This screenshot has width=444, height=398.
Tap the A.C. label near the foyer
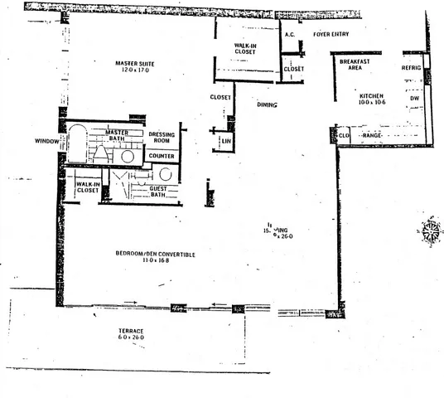[x=290, y=35]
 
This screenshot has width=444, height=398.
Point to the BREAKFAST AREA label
[x=356, y=65]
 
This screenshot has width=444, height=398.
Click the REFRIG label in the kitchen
[x=413, y=67]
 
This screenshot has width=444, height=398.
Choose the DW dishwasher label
[x=414, y=98]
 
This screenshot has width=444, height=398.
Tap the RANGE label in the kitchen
[x=371, y=134]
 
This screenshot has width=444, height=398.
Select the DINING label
[x=267, y=105]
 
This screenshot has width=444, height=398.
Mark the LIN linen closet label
[x=226, y=142]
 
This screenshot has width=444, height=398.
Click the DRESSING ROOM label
[x=162, y=137]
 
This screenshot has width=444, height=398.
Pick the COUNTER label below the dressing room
[x=162, y=155]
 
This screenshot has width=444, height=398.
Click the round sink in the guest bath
[x=165, y=174]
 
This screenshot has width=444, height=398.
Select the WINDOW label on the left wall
[x=46, y=141]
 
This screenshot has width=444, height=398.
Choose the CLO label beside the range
[x=345, y=134]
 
